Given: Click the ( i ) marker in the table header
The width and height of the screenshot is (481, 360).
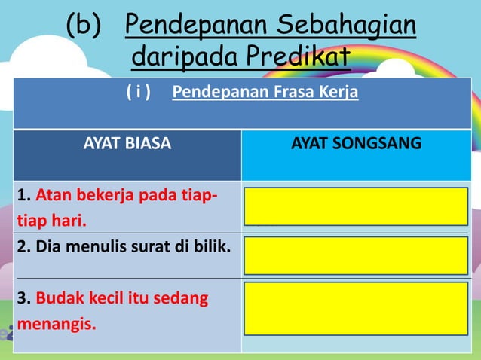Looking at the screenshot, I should (x=138, y=93).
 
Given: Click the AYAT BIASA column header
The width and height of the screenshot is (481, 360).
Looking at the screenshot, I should (x=127, y=143).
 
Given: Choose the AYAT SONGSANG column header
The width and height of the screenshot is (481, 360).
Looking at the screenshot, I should (x=356, y=143).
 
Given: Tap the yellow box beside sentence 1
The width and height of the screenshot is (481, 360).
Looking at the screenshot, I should (x=356, y=206).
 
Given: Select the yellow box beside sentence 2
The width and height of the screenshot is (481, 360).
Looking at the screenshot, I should (x=356, y=255).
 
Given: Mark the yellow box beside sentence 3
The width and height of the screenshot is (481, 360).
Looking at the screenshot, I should (x=356, y=308).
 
